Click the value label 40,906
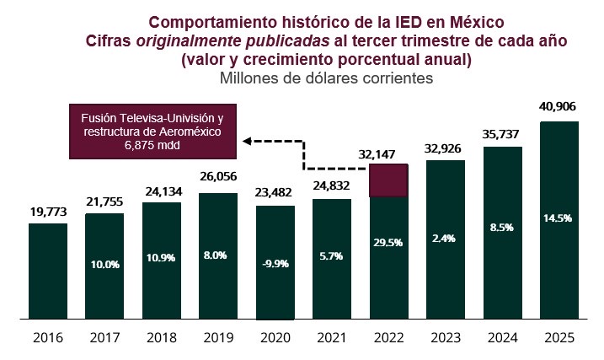coord(559,108)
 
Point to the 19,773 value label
coord(48,210)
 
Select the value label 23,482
coord(275,192)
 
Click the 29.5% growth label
coord(388,242)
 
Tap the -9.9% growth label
coord(275,263)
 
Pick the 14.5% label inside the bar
coord(559,218)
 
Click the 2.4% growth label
coord(446,239)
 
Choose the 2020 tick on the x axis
coord(275,338)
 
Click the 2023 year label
coord(446,338)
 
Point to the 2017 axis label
coord(104,338)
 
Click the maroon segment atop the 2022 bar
coord(388,180)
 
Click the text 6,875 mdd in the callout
coord(152,145)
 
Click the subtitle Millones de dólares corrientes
coord(326,78)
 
